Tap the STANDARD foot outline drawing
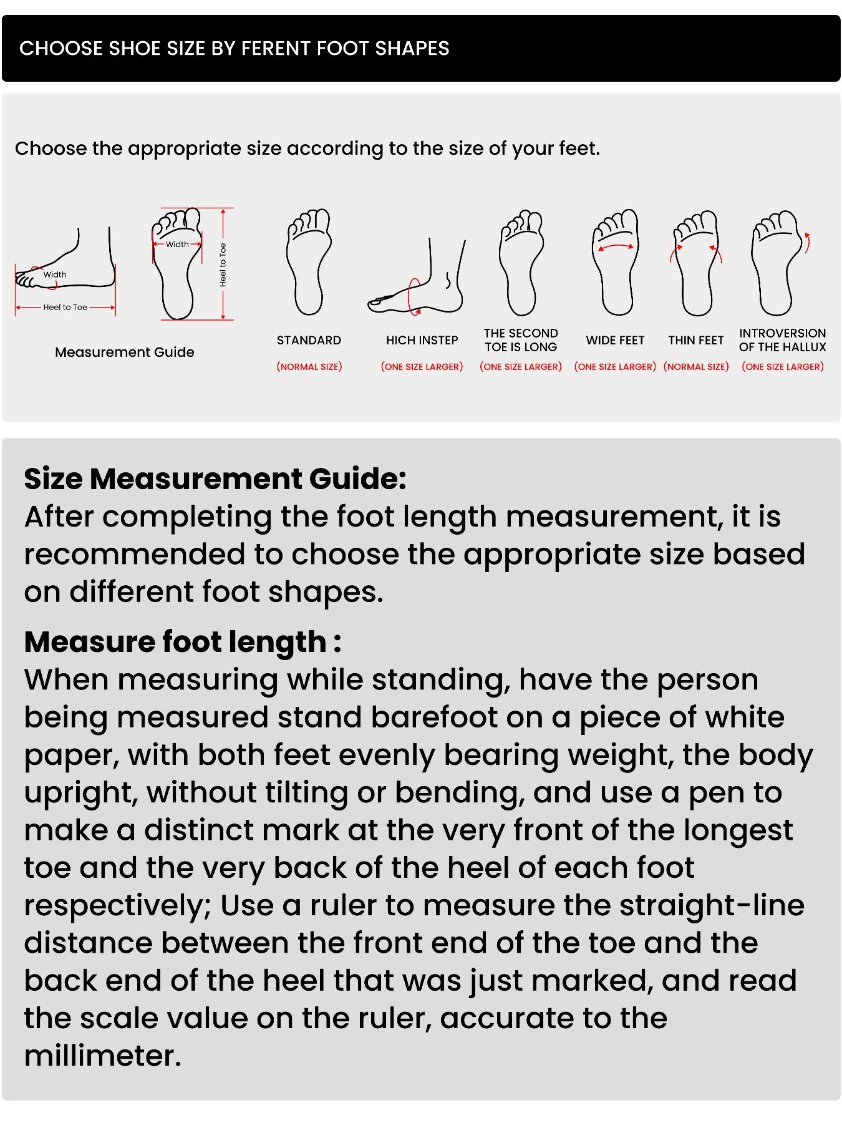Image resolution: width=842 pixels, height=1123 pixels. [x=309, y=262]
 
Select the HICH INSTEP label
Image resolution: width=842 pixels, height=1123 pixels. [x=422, y=341]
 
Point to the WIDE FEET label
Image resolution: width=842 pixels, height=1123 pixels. [x=615, y=341]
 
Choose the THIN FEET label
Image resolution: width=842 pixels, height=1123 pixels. [x=695, y=341]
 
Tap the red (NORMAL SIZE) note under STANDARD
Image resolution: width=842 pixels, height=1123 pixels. [x=309, y=367]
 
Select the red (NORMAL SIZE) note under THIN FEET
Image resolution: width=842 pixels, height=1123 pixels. [x=696, y=367]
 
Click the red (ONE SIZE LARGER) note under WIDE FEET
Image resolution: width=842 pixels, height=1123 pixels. [x=615, y=367]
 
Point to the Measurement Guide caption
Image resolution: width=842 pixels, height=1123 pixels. [x=125, y=352]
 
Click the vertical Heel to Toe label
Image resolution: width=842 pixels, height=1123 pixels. [x=223, y=265]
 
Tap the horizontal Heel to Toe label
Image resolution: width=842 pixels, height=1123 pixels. [x=65, y=308]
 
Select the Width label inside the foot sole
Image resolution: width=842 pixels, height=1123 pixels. [x=177, y=245]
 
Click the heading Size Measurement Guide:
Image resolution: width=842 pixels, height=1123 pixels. [x=215, y=479]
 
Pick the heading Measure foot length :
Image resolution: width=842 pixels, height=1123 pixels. [x=183, y=642]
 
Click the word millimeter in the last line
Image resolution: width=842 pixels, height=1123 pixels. [x=103, y=1056]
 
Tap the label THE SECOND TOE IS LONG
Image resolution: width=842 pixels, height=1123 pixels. [x=521, y=340]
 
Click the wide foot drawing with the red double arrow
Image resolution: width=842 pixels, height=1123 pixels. [x=616, y=262]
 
